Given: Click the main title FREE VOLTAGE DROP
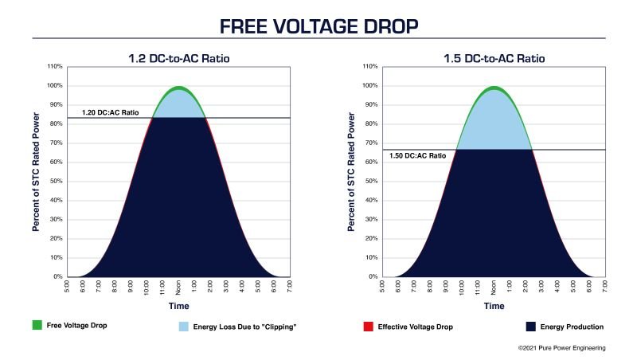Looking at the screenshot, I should [x=318, y=25].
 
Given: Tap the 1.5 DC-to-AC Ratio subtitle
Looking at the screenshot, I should [x=494, y=59].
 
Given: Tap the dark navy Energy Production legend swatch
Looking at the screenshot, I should [x=531, y=327].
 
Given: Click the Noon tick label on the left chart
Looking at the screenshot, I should [x=179, y=288].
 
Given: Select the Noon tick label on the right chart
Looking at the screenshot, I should [x=494, y=288].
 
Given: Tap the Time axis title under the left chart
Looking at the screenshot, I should [x=179, y=305].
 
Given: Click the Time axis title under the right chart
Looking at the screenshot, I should [x=494, y=305].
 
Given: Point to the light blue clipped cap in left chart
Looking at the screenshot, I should [x=179, y=106].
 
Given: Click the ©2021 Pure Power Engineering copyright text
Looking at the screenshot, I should [x=561, y=348].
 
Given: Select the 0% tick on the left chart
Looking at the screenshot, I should [x=58, y=277].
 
